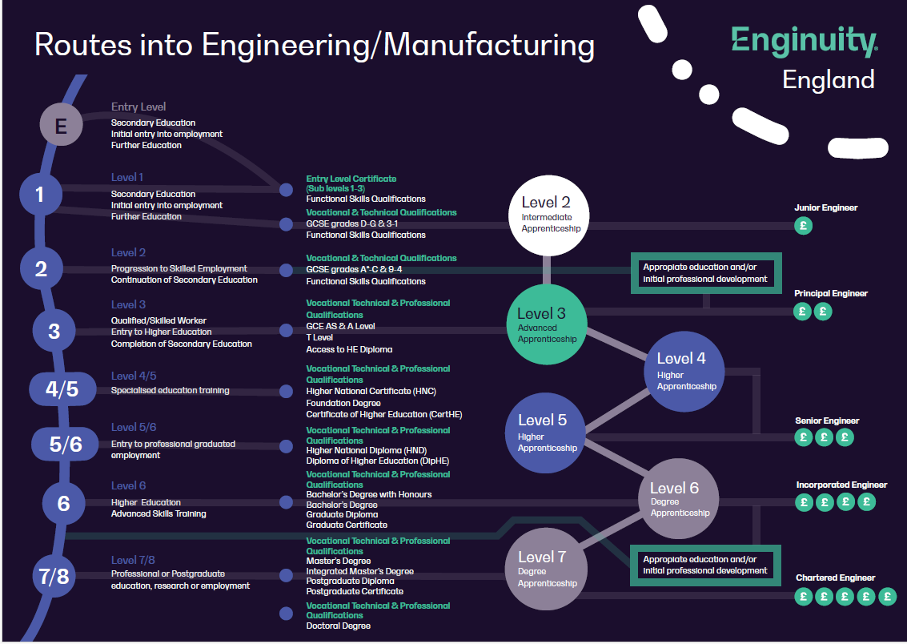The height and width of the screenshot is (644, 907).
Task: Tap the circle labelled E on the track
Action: (62, 125)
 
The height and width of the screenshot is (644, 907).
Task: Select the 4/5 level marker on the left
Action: (62, 389)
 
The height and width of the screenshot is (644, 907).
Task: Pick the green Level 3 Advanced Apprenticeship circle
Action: (547, 324)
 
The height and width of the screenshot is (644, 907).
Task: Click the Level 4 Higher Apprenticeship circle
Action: (684, 371)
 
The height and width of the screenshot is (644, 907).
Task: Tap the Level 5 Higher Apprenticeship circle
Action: (547, 433)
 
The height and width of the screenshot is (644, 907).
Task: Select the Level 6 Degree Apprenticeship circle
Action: (678, 499)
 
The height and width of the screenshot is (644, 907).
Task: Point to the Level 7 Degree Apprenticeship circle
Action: (546, 568)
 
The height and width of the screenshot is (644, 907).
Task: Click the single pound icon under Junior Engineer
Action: (804, 226)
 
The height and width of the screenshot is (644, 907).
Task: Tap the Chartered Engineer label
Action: (835, 578)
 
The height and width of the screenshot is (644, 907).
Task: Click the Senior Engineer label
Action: (826, 421)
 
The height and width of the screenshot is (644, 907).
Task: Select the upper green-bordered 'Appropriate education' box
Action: (704, 273)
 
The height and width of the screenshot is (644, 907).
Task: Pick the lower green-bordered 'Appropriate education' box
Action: (704, 565)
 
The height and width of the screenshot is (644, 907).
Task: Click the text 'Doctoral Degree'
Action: (338, 626)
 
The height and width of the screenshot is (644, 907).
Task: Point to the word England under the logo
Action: (828, 80)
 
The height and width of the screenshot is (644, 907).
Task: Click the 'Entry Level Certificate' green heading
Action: (351, 179)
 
